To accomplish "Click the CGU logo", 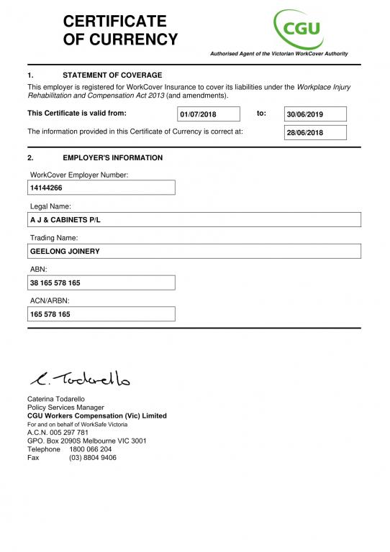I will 297,28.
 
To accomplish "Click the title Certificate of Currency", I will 120,30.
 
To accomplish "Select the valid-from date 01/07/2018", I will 198,114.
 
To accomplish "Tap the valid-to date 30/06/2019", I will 305,114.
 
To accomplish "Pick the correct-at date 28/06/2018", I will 305,132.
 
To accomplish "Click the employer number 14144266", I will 46,188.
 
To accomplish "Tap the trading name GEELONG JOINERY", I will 65,252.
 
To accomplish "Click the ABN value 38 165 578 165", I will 55,283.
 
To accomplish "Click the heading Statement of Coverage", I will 112,75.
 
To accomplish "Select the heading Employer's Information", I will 112,158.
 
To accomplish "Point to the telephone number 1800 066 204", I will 90,449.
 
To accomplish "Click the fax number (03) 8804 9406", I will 93,458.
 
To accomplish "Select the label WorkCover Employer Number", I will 79,175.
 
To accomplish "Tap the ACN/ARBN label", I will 50,301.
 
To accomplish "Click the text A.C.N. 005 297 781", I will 58,433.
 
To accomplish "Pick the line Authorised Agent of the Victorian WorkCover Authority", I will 278,54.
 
